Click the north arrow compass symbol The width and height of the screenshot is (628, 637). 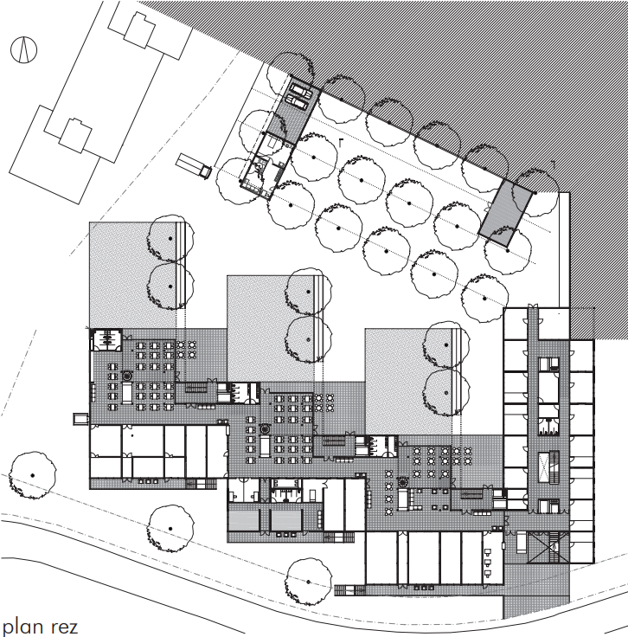coord(23,49)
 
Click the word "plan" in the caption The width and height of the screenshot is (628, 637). coord(23,627)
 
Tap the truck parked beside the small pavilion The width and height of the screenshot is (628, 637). coord(194,166)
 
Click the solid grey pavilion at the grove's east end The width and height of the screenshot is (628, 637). coord(505,213)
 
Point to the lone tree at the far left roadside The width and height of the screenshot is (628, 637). coord(33,475)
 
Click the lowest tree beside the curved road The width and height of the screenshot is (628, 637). coord(308,582)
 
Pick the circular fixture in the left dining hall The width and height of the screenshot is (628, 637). coord(127,375)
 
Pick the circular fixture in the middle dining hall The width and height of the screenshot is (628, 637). coord(265,428)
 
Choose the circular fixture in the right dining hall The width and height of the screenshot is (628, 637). coord(403,482)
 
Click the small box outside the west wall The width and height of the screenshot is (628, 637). coord(80,419)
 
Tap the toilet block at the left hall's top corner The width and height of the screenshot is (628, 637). coord(106,339)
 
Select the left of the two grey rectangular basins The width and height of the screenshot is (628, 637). coord(244,520)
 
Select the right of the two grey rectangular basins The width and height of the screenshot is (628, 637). coord(286,520)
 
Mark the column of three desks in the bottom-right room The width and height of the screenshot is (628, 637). coord(488,563)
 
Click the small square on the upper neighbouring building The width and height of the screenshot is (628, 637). coord(139,29)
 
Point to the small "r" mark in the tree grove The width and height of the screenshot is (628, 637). coord(342,143)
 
